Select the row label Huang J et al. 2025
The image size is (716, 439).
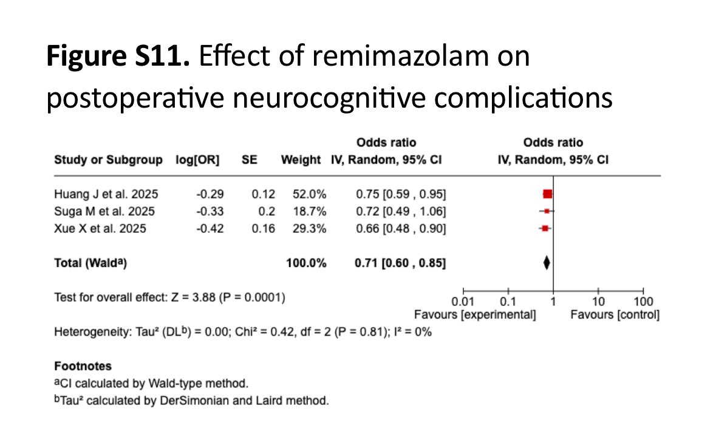click(x=106, y=195)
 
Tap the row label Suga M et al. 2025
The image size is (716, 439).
click(x=104, y=212)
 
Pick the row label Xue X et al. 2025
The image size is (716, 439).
click(x=100, y=229)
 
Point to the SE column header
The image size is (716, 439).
click(x=250, y=161)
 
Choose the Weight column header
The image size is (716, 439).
click(x=300, y=161)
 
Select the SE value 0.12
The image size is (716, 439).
click(x=264, y=195)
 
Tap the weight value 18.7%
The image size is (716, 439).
click(x=311, y=212)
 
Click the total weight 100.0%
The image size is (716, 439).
click(x=306, y=263)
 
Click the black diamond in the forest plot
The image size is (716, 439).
click(x=547, y=263)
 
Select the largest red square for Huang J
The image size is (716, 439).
click(x=548, y=194)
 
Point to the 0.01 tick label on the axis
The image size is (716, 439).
click(x=463, y=302)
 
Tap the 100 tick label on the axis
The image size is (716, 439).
click(x=643, y=302)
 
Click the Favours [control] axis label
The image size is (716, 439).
click(x=615, y=315)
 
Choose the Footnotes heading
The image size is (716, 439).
click(x=83, y=367)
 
